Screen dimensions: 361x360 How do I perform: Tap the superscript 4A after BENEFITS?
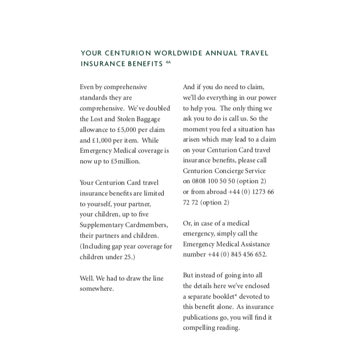point(167,62)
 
